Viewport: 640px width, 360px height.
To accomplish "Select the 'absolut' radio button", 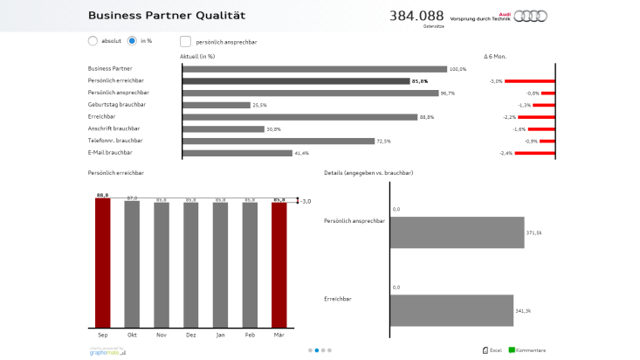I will tap(93, 40).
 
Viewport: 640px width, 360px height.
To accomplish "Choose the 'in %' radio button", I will tap(132, 40).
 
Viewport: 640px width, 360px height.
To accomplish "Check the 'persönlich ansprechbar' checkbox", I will tap(185, 40).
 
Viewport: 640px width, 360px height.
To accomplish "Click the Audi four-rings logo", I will tap(530, 16).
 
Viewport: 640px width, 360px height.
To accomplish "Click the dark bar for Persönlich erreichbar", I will tap(295, 81).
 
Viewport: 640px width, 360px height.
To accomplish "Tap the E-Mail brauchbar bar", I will tap(237, 153).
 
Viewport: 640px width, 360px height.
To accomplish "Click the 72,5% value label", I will tap(383, 141).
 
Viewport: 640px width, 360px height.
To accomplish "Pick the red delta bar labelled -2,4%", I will tap(534, 153).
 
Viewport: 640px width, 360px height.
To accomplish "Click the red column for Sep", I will tap(102, 262).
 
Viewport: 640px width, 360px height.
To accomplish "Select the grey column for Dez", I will tap(191, 264).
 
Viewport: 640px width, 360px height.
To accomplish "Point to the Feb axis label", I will tap(250, 334).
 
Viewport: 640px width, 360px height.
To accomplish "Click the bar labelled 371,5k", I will tap(457, 232).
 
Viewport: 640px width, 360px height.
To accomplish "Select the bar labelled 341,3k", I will tap(451, 310).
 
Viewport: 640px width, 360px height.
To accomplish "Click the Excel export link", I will tap(492, 350).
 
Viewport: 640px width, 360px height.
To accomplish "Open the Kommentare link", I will tap(527, 350).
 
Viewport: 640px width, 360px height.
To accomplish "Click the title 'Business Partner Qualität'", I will tap(166, 16).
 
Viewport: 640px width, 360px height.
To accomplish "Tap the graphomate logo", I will tap(107, 351).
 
